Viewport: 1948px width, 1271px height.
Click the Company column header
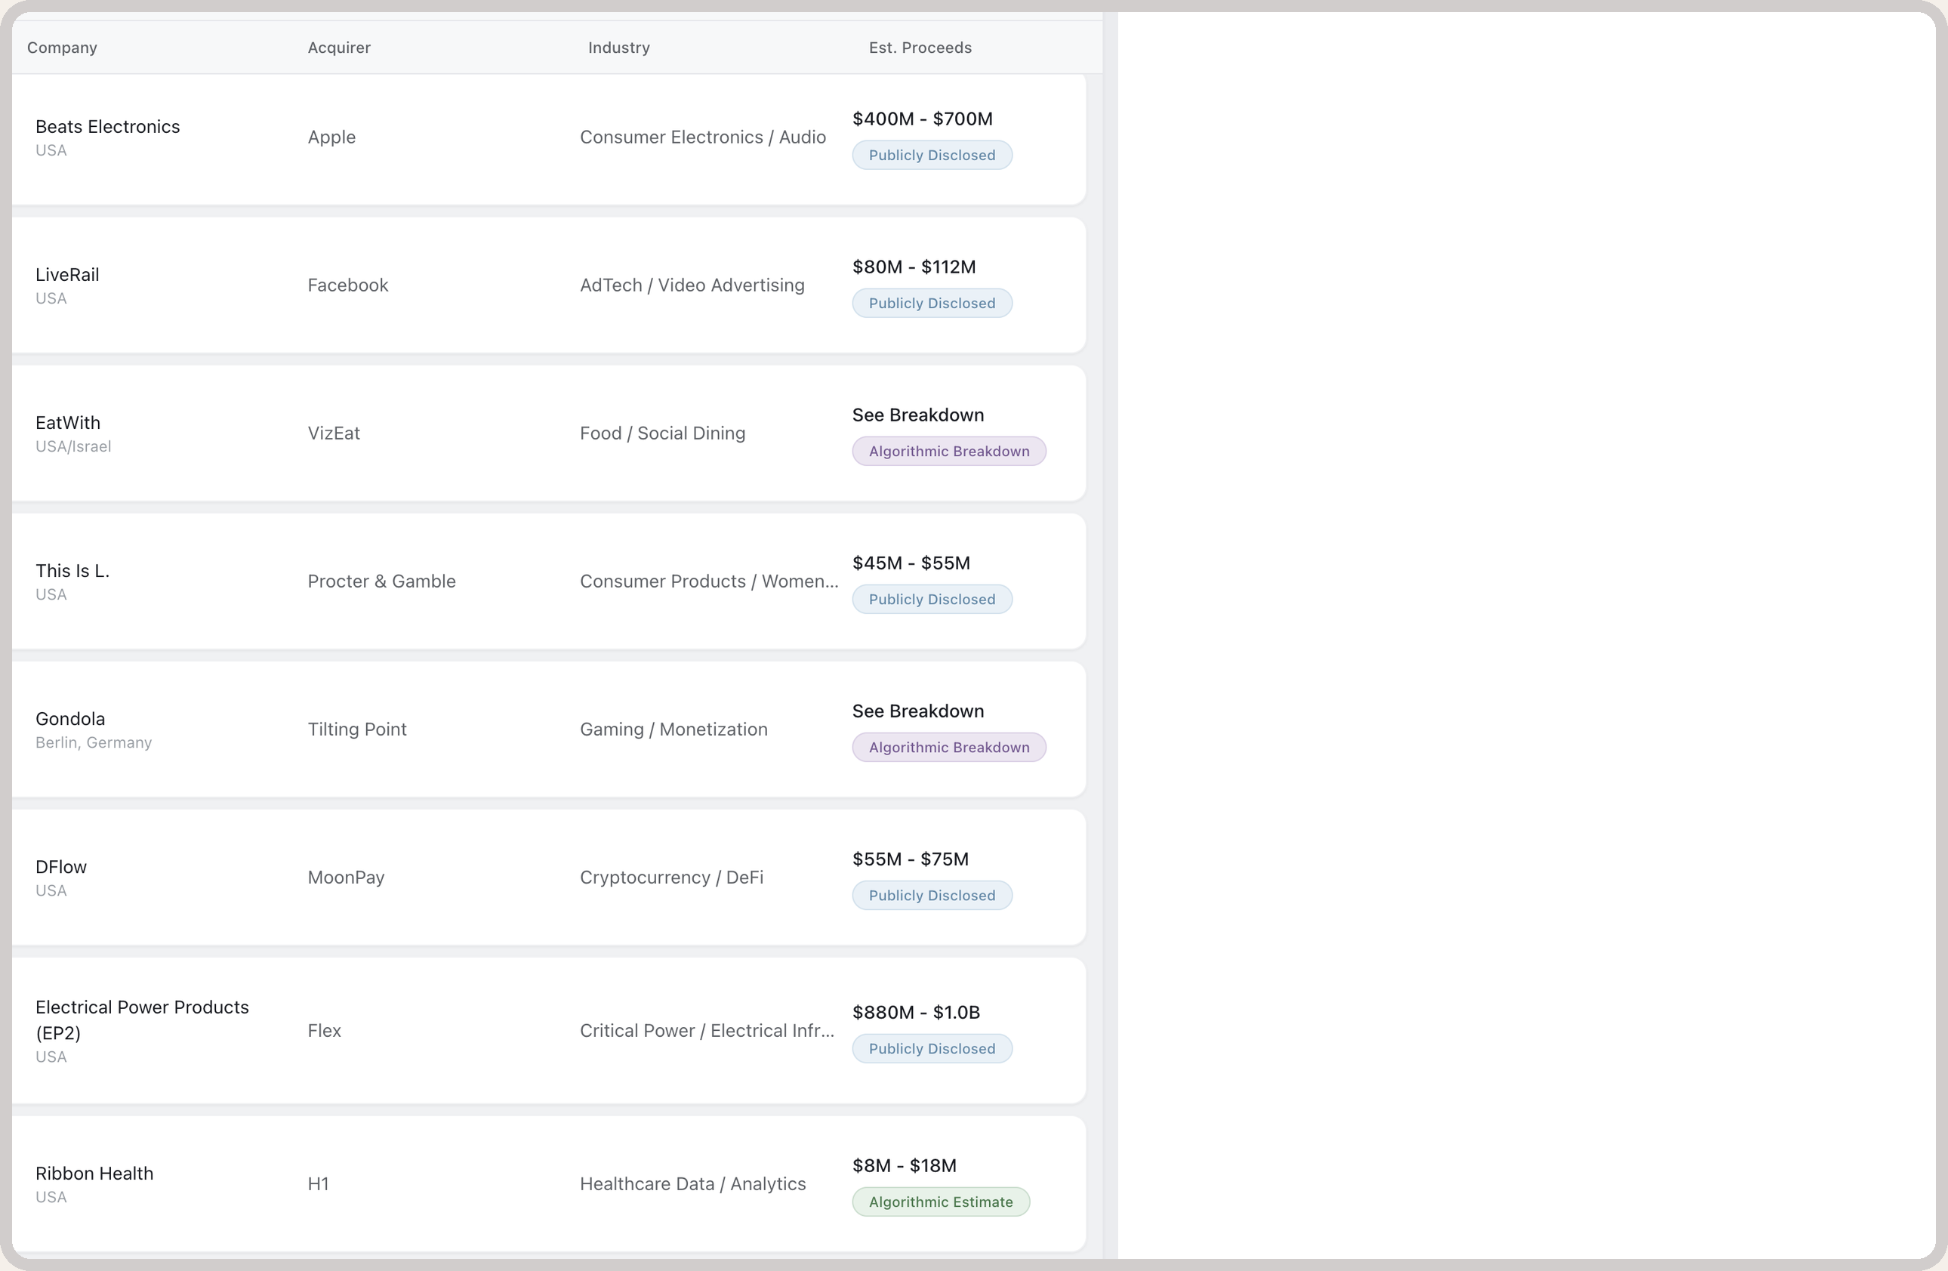pyautogui.click(x=62, y=48)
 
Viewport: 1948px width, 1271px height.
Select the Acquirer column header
pyautogui.click(x=339, y=48)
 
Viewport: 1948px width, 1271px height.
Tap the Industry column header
pyautogui.click(x=619, y=48)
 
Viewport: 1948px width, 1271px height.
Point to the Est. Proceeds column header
pyautogui.click(x=920, y=48)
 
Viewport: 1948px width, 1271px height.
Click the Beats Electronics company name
pyautogui.click(x=107, y=127)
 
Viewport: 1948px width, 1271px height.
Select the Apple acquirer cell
pyautogui.click(x=331, y=137)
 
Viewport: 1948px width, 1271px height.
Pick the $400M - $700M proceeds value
pyautogui.click(x=923, y=119)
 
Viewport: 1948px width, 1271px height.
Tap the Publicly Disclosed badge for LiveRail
pyautogui.click(x=932, y=304)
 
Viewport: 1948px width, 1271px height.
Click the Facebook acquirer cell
pyautogui.click(x=348, y=285)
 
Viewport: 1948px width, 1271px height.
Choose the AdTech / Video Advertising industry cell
pyautogui.click(x=692, y=285)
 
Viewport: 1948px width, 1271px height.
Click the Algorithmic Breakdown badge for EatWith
pyautogui.click(x=949, y=451)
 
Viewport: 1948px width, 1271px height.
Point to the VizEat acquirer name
pyautogui.click(x=334, y=433)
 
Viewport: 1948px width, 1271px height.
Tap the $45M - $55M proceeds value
pyautogui.click(x=911, y=563)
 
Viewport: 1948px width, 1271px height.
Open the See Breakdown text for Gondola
pyautogui.click(x=918, y=711)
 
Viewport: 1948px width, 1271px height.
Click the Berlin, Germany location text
pyautogui.click(x=94, y=742)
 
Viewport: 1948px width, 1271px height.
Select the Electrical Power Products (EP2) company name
pyautogui.click(x=143, y=1020)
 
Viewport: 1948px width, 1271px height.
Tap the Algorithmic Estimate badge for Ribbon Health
pyautogui.click(x=942, y=1202)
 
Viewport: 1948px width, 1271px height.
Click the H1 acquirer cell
pyautogui.click(x=319, y=1183)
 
